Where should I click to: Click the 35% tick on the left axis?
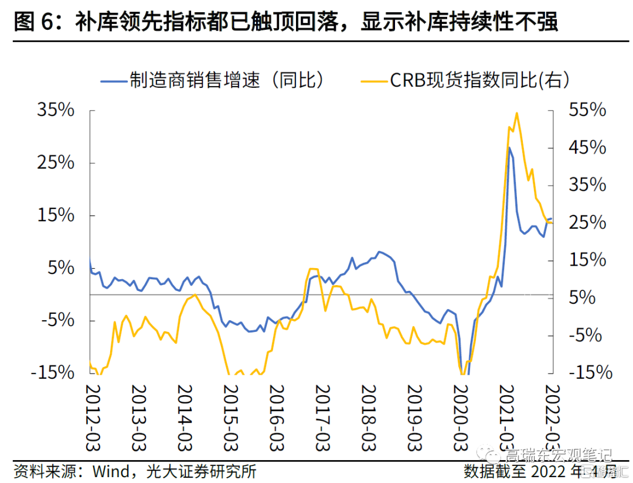pos(56,110)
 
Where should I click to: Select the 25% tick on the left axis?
pos(56,163)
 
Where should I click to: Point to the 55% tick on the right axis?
pos(586,110)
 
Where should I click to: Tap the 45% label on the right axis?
pos(586,148)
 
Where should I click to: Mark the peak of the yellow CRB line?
pos(516,113)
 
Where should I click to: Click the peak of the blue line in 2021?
pos(509,148)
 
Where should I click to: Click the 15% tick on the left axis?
pos(56,215)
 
